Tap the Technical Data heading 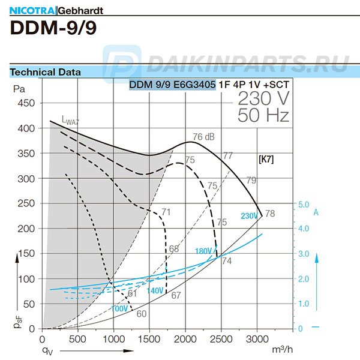46,72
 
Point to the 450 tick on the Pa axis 26,103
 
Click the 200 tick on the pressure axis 26,229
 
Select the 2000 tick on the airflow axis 185,338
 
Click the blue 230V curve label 248,216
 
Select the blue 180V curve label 205,251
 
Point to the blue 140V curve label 155,290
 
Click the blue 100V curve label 119,308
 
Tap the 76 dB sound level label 204,136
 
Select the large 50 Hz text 263,115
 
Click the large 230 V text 263,98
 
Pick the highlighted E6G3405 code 194,85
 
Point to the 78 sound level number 270,214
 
